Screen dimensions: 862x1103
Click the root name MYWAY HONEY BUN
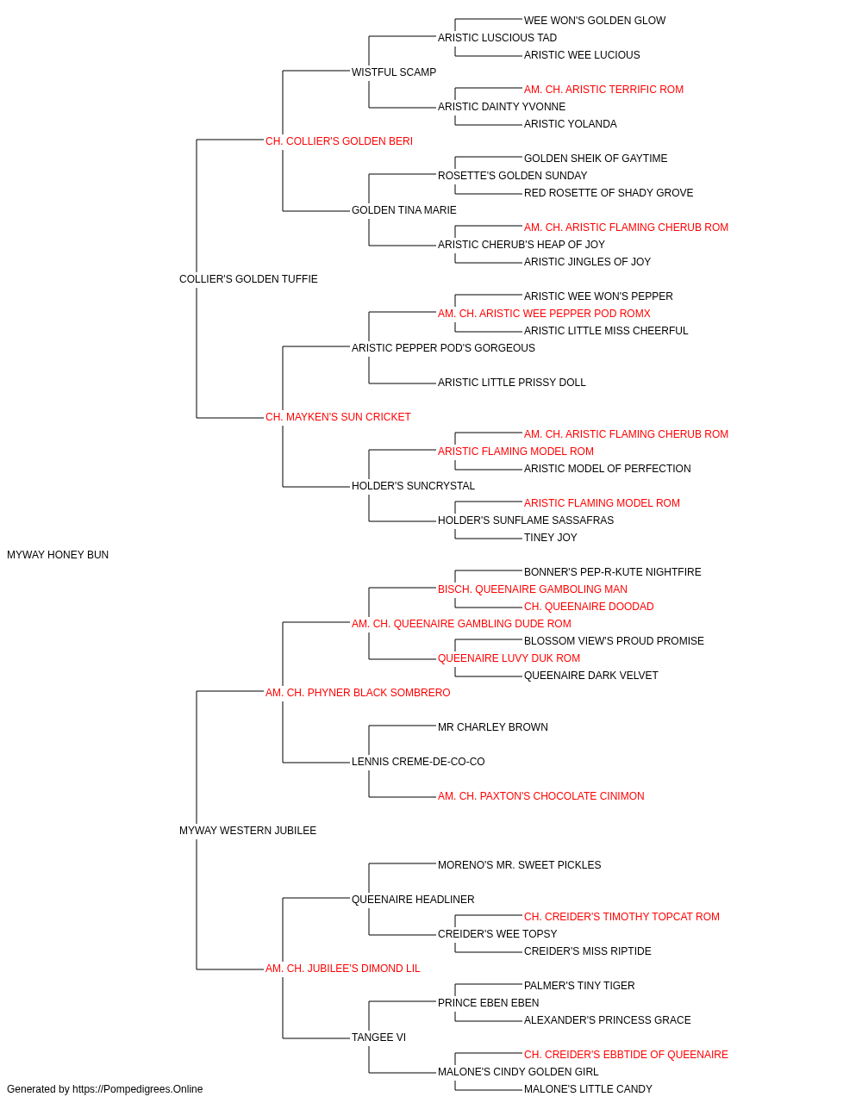point(58,555)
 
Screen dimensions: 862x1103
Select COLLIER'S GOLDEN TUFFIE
point(248,279)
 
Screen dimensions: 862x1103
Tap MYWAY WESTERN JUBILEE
point(247,831)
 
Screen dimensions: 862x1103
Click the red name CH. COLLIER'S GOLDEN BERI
point(339,141)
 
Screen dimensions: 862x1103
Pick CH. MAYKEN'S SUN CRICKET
point(338,417)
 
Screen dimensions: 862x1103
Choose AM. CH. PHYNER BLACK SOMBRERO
point(358,692)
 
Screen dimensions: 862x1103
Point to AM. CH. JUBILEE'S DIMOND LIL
point(343,969)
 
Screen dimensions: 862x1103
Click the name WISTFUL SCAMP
point(394,72)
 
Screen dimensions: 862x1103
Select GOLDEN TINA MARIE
point(404,210)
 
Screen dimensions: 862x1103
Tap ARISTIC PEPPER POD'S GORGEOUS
point(443,347)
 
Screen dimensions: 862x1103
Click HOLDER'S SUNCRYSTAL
point(413,486)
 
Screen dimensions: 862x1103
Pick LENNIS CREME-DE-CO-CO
point(418,762)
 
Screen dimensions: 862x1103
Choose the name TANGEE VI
point(378,1038)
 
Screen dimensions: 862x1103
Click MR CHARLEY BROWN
point(493,727)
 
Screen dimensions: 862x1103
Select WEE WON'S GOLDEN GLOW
point(595,21)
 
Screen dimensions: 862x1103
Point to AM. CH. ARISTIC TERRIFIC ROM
point(603,90)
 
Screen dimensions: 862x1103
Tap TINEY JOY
point(550,538)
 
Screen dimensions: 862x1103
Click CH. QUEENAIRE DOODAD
point(589,607)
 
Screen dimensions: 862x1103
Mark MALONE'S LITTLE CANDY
point(588,1089)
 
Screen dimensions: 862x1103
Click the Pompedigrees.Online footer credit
point(104,1089)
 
